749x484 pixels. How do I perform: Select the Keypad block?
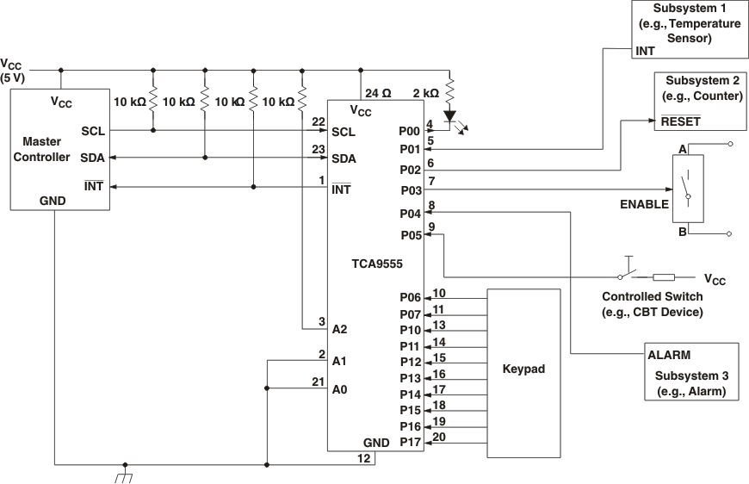point(523,369)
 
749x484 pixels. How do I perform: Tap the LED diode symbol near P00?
point(450,115)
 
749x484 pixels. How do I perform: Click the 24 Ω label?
point(379,93)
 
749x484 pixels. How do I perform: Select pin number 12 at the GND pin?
point(364,458)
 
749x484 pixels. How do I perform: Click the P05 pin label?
point(411,234)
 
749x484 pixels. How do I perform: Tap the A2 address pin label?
point(339,329)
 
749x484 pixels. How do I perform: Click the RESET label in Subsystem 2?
point(680,121)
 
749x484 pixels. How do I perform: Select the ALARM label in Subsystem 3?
point(668,354)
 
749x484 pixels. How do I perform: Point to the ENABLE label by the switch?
point(644,204)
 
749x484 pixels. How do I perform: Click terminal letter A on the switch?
point(682,149)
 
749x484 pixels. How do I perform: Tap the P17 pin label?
point(411,443)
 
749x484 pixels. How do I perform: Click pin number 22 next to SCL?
point(319,121)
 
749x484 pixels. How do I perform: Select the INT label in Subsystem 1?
point(645,52)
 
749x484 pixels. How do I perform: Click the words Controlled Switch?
point(651,298)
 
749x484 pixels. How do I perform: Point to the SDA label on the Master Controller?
point(92,158)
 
